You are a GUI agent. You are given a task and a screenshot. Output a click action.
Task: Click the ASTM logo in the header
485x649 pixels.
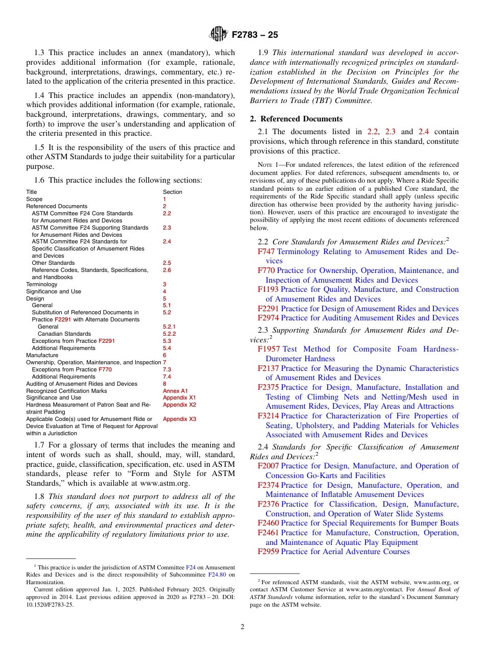[219, 35]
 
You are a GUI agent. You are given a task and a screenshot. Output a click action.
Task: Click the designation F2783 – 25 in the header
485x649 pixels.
[255, 35]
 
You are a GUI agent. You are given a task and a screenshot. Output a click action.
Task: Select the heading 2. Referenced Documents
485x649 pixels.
[296, 119]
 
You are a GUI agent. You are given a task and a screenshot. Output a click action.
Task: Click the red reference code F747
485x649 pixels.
[266, 252]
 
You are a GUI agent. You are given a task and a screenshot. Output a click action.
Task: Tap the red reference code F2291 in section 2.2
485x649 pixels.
[268, 309]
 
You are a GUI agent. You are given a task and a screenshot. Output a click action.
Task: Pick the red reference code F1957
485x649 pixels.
[269, 349]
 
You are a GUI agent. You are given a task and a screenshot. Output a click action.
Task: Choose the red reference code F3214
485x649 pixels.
[268, 416]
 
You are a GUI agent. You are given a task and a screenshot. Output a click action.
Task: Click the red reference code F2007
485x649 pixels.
[268, 466]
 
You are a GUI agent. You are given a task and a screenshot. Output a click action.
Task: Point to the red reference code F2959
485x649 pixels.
[268, 552]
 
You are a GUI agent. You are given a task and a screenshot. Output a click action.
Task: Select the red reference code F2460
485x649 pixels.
[268, 523]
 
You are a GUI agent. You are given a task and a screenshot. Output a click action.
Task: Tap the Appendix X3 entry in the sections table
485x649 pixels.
[179, 419]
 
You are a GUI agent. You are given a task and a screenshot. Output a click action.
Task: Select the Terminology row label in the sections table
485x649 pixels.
[42, 284]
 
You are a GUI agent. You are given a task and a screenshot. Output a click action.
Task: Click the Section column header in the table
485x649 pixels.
[172, 192]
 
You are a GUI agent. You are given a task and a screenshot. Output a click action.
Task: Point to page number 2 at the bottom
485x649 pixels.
[243, 627]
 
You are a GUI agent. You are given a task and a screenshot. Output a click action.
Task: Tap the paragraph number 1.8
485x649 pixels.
[40, 496]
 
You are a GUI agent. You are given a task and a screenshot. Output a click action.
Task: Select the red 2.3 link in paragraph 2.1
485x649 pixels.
[390, 132]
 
